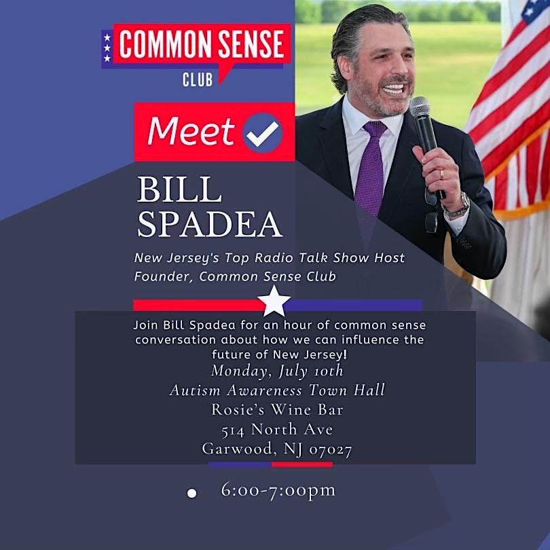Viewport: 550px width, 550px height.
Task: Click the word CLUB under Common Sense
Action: click(x=198, y=79)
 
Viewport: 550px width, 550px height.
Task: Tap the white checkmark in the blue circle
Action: click(x=261, y=132)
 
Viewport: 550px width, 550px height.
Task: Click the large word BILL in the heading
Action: click(x=179, y=191)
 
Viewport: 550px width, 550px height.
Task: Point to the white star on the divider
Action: click(x=275, y=301)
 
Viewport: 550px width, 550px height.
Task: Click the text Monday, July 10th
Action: click(x=277, y=371)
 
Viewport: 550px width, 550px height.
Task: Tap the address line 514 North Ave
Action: click(x=277, y=429)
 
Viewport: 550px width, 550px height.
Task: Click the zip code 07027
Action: click(x=331, y=449)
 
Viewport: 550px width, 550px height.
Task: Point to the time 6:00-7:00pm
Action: click(x=278, y=490)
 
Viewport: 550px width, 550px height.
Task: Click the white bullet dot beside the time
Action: click(x=191, y=493)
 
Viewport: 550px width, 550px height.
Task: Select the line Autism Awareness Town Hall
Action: click(x=277, y=390)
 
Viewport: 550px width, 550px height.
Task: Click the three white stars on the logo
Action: click(x=107, y=48)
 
